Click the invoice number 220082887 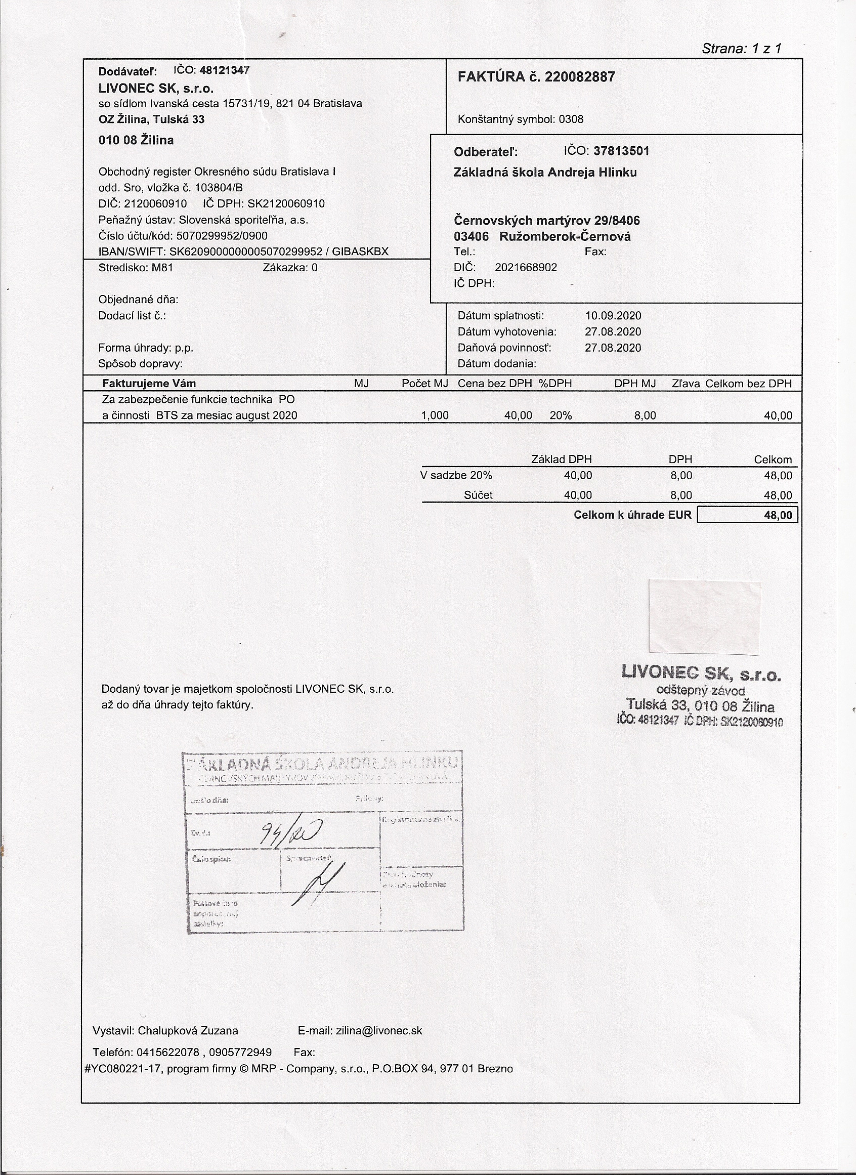pyautogui.click(x=580, y=77)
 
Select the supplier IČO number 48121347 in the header pyautogui.click(x=225, y=70)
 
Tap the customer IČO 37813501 pyautogui.click(x=621, y=151)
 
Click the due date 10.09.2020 pyautogui.click(x=613, y=316)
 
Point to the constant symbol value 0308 pyautogui.click(x=571, y=119)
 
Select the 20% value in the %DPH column pyautogui.click(x=561, y=415)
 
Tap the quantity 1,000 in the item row pyautogui.click(x=435, y=415)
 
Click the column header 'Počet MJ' pyautogui.click(x=425, y=384)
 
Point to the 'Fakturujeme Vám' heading pyautogui.click(x=149, y=384)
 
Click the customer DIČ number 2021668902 pyautogui.click(x=526, y=268)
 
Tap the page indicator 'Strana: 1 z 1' pyautogui.click(x=742, y=49)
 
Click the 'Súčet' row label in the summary pyautogui.click(x=478, y=495)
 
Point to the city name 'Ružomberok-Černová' pyautogui.click(x=565, y=237)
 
